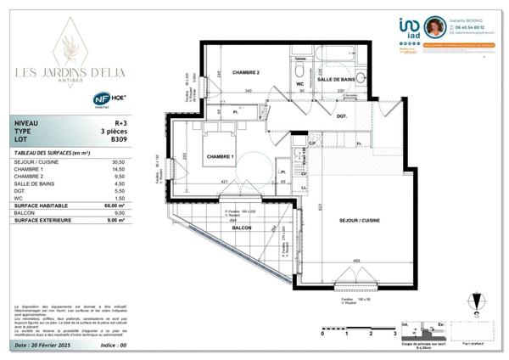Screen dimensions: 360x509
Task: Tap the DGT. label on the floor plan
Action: [341, 115]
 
